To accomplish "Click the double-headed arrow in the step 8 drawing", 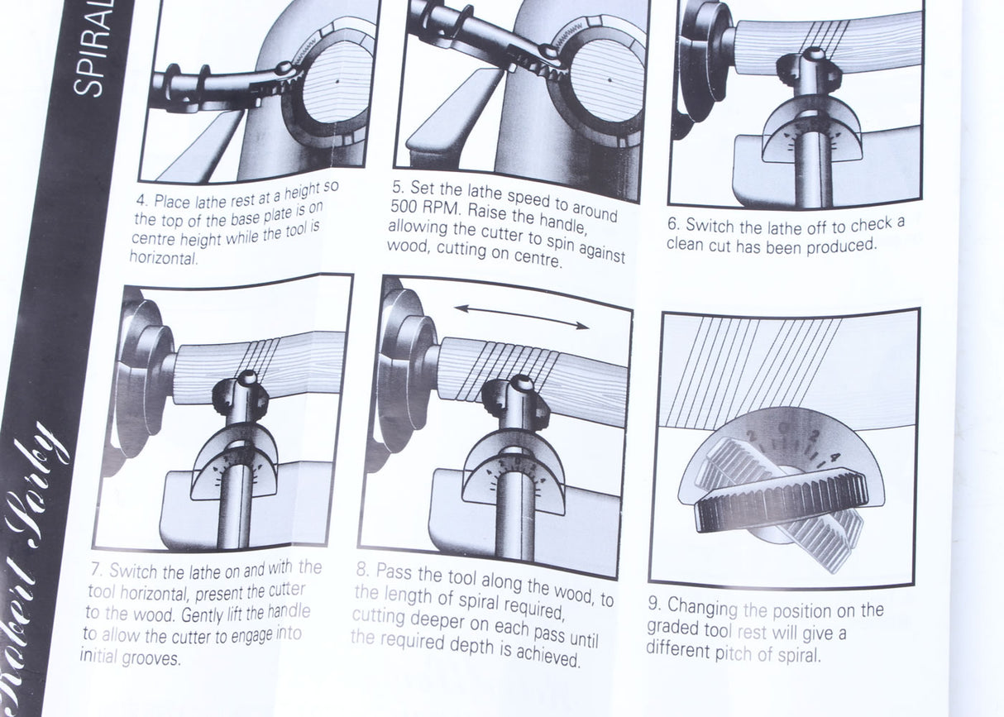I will coord(522,316).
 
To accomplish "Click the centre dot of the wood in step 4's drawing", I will coord(338,81).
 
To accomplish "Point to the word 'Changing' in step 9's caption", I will coord(701,608).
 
